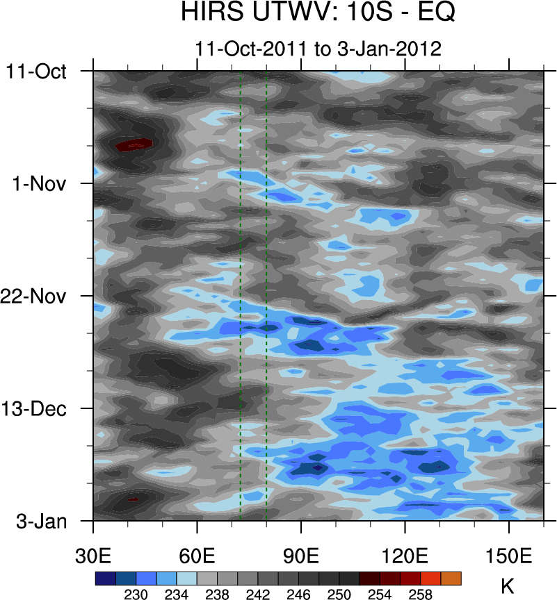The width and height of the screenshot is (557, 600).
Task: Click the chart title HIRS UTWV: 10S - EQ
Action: click(x=317, y=13)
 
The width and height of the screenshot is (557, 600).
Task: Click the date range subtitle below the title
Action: click(x=318, y=49)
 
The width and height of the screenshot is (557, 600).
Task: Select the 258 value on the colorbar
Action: click(x=421, y=594)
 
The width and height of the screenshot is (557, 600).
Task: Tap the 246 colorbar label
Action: click(x=299, y=594)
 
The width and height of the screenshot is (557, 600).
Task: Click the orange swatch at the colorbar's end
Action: click(x=451, y=578)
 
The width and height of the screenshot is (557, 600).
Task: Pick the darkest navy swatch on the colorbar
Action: click(x=105, y=578)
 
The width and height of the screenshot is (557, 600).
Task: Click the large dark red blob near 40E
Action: click(x=134, y=144)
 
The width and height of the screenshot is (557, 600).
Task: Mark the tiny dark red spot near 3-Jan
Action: click(x=132, y=499)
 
